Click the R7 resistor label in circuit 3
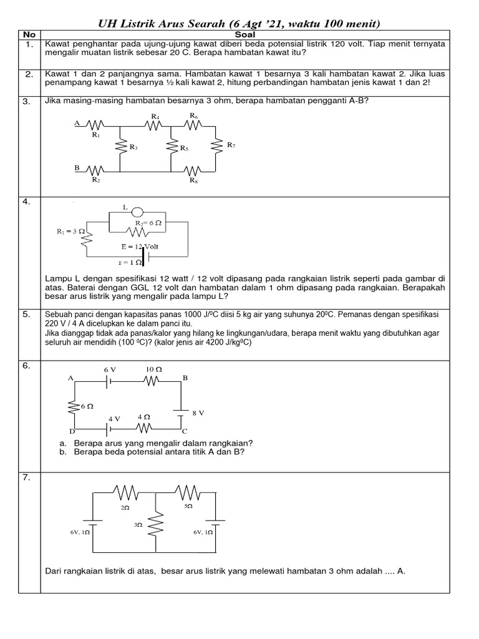click(231, 145)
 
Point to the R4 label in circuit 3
click(154, 116)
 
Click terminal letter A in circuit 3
click(77, 124)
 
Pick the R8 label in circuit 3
click(193, 180)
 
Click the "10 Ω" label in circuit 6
click(153, 369)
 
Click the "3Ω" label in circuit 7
click(138, 526)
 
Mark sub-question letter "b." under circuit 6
click(62, 452)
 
